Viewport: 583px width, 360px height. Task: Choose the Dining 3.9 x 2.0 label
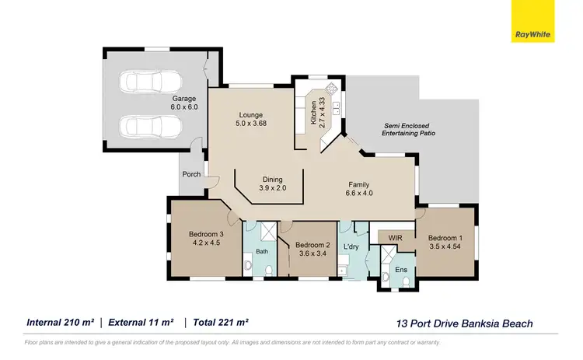pos(272,183)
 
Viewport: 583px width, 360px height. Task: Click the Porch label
pos(191,174)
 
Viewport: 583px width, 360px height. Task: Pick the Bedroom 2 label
pos(312,247)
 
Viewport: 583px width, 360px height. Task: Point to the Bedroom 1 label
pos(445,242)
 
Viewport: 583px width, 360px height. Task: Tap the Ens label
pos(401,270)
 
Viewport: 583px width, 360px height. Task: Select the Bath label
pos(261,252)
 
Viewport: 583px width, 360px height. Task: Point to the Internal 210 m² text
pos(61,322)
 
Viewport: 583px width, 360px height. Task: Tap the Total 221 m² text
pos(220,322)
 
